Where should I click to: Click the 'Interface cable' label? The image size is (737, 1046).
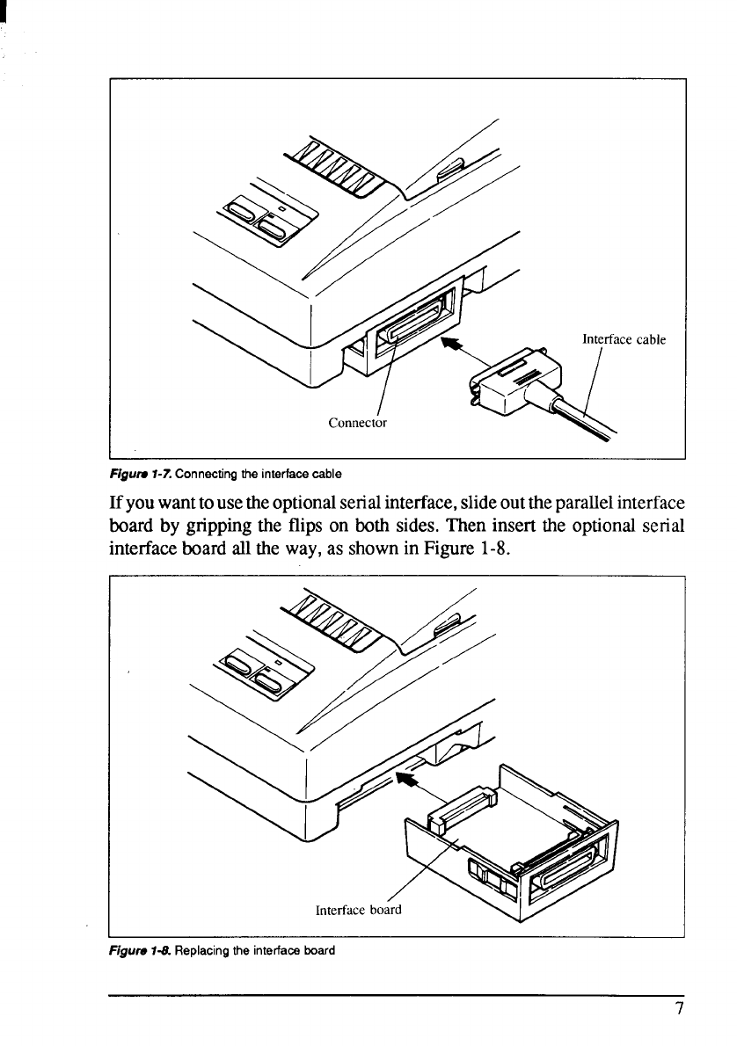[x=624, y=339]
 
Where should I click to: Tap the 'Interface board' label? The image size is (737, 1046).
[x=358, y=910]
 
